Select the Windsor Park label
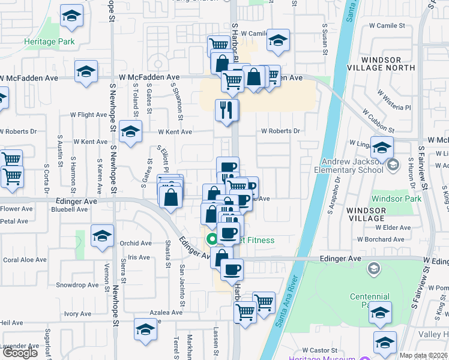[x=393, y=199]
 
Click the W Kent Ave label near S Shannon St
[x=175, y=132]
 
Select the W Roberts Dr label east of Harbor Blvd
[x=280, y=131]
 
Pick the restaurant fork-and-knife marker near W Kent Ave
[x=227, y=110]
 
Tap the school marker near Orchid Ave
[x=103, y=236]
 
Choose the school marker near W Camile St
[x=278, y=41]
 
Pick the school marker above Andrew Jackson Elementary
[x=381, y=148]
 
